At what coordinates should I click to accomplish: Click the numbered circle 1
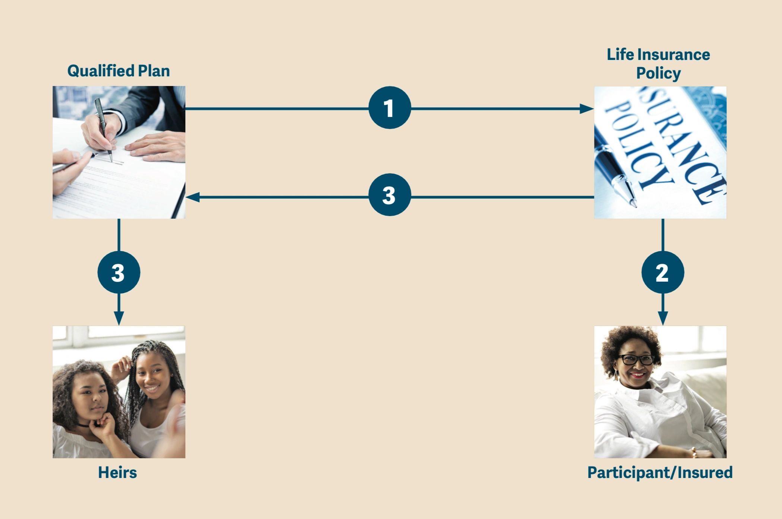coord(390,108)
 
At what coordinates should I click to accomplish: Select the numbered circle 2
coord(662,272)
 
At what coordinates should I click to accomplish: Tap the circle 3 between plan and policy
coord(390,195)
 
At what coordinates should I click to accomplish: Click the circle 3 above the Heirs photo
coord(119,272)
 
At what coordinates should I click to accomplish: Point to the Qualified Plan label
coord(119,71)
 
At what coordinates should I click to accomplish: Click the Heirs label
coord(117,472)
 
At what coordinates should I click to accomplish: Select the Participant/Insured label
coord(660,472)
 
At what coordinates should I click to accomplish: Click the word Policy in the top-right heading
coord(658,73)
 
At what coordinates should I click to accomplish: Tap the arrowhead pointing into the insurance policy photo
coord(587,109)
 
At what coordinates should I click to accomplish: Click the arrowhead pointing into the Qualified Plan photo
coord(192,197)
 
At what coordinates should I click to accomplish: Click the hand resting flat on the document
coord(157,146)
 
